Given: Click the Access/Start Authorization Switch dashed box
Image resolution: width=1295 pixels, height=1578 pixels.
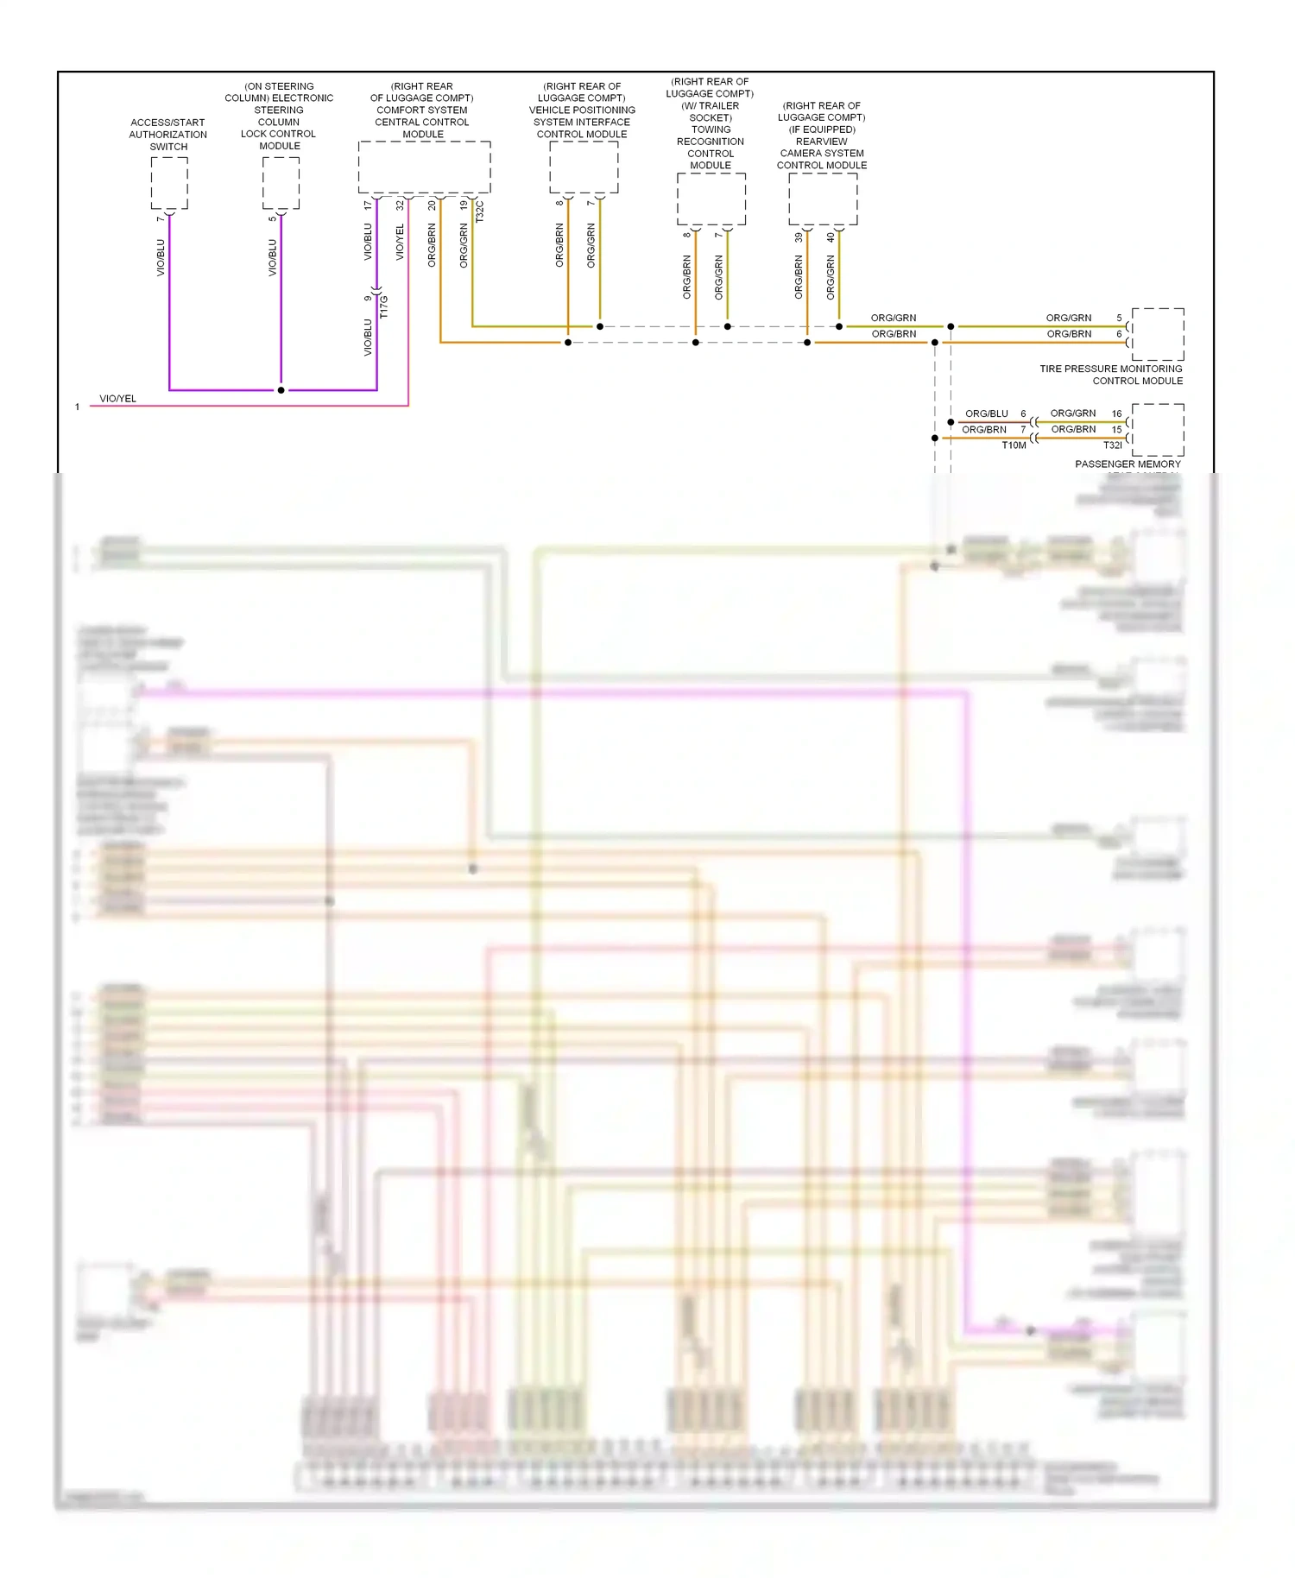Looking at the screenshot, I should click(169, 183).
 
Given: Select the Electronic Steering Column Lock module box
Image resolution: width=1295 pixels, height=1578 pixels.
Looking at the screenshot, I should click(281, 183).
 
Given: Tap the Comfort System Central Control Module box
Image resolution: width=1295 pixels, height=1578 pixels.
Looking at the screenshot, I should click(424, 167).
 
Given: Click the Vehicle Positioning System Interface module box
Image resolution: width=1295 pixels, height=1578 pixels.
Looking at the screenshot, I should click(584, 167).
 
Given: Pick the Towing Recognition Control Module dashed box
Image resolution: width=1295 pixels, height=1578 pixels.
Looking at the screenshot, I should click(711, 199).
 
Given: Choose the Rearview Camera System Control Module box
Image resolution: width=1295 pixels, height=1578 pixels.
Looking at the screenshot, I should click(823, 199).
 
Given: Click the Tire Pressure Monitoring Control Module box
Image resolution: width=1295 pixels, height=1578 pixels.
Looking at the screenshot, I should click(1157, 334).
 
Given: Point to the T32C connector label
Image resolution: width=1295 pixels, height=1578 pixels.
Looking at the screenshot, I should click(480, 211).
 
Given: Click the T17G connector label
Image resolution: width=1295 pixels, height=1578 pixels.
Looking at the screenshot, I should click(384, 306).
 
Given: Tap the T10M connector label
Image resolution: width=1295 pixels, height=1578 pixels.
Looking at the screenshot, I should click(1014, 445).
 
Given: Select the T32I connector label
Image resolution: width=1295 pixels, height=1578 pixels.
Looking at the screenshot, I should click(1112, 445).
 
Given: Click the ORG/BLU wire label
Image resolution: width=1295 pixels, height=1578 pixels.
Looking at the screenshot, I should click(986, 413).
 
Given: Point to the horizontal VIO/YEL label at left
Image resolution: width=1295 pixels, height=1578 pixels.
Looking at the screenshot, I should click(117, 399).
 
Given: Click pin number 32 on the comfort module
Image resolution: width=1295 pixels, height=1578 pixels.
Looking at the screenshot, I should click(400, 205).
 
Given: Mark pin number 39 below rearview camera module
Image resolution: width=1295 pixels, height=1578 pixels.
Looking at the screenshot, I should click(799, 237).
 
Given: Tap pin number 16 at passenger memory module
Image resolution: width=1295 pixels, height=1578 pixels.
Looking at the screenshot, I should click(1116, 413).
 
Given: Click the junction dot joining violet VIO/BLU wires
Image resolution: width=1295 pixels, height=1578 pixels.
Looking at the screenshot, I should click(281, 390).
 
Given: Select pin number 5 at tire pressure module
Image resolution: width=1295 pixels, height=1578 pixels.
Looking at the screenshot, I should click(1119, 318).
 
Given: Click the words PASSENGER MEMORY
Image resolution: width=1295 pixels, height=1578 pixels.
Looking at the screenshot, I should click(1127, 464).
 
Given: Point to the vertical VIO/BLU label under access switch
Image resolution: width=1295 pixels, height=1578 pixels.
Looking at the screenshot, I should click(161, 257).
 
